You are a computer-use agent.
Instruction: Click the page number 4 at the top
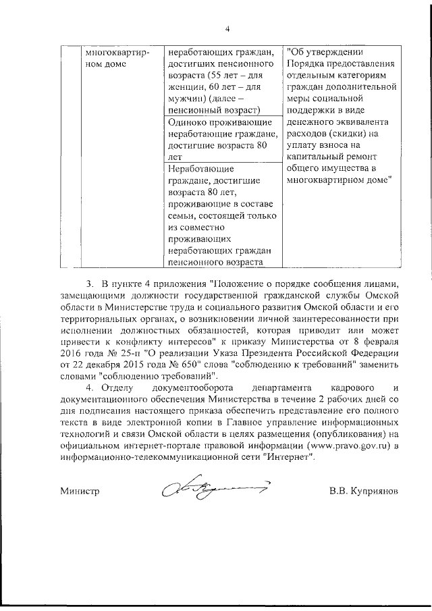click(227, 28)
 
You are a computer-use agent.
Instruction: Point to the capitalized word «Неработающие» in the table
click(201, 167)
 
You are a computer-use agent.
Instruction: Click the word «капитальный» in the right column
click(316, 156)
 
